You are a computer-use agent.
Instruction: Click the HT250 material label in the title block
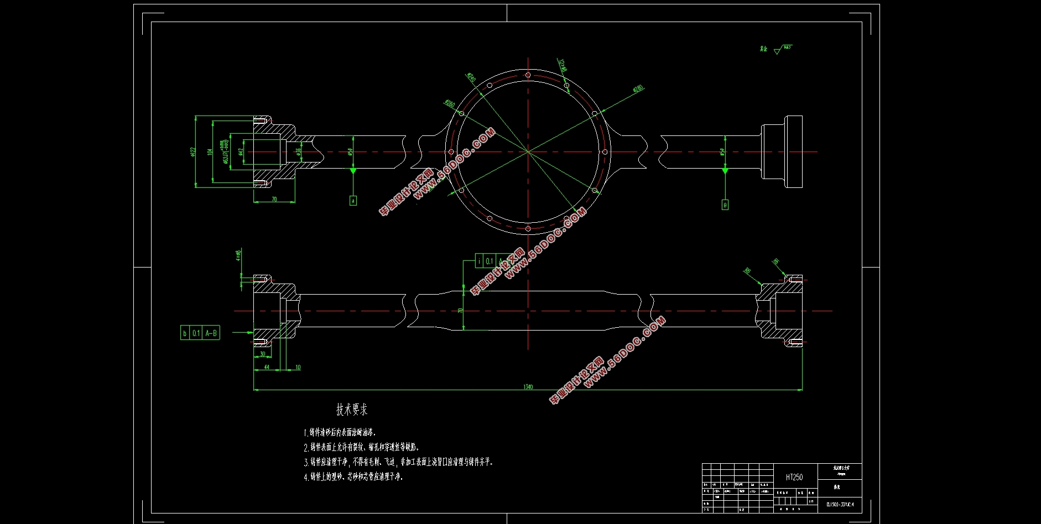[x=794, y=477]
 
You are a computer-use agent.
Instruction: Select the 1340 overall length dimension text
[x=528, y=387]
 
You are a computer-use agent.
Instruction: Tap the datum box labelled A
[x=353, y=201]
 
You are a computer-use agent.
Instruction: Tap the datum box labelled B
[x=725, y=205]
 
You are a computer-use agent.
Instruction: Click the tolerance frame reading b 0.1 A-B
[x=200, y=333]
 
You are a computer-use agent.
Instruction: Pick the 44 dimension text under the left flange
[x=266, y=367]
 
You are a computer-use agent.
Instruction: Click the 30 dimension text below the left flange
[x=263, y=354]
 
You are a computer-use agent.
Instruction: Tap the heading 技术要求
[x=352, y=410]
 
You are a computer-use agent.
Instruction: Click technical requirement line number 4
[x=353, y=476]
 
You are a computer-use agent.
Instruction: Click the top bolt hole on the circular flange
[x=528, y=75]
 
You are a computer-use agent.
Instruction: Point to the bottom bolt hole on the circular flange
[x=528, y=228]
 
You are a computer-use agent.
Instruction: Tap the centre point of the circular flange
[x=528, y=151]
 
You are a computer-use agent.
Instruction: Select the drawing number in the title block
[x=840, y=504]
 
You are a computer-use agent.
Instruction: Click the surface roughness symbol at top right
[x=778, y=50]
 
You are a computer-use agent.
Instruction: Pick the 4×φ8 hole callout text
[x=238, y=255]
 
